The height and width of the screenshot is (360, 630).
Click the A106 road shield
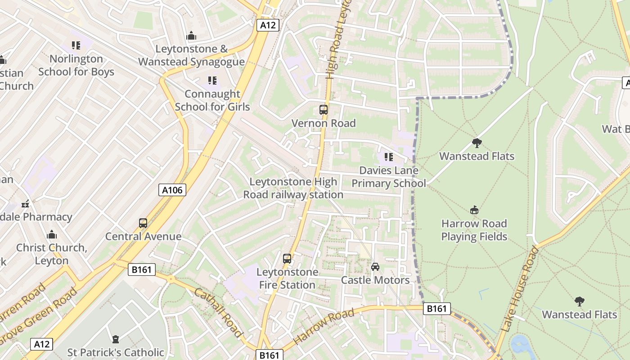[172, 190]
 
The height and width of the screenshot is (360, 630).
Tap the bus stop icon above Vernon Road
[323, 109]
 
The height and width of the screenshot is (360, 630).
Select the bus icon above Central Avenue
[143, 223]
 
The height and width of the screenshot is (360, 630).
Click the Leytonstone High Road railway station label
[293, 188]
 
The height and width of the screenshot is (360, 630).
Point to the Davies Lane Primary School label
[388, 177]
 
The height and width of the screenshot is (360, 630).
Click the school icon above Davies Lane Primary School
[388, 157]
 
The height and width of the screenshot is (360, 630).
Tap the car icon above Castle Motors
[375, 266]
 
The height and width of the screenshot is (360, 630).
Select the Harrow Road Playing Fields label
[474, 230]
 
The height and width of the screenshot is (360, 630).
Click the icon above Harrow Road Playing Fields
[474, 210]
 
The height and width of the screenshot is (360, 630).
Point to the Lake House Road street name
[519, 289]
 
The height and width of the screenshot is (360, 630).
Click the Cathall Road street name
[218, 312]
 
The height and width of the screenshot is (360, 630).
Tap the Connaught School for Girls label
[212, 100]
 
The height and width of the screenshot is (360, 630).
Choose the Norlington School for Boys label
[76, 65]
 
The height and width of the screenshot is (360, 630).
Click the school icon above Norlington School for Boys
[76, 45]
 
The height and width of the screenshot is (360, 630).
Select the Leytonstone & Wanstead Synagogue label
[191, 55]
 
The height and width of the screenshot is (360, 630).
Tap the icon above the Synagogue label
[191, 36]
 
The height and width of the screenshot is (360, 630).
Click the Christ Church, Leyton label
[52, 254]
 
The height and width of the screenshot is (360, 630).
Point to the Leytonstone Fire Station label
[287, 279]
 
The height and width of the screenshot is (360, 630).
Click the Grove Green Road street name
[39, 315]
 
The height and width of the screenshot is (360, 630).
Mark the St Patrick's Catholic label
[116, 352]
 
